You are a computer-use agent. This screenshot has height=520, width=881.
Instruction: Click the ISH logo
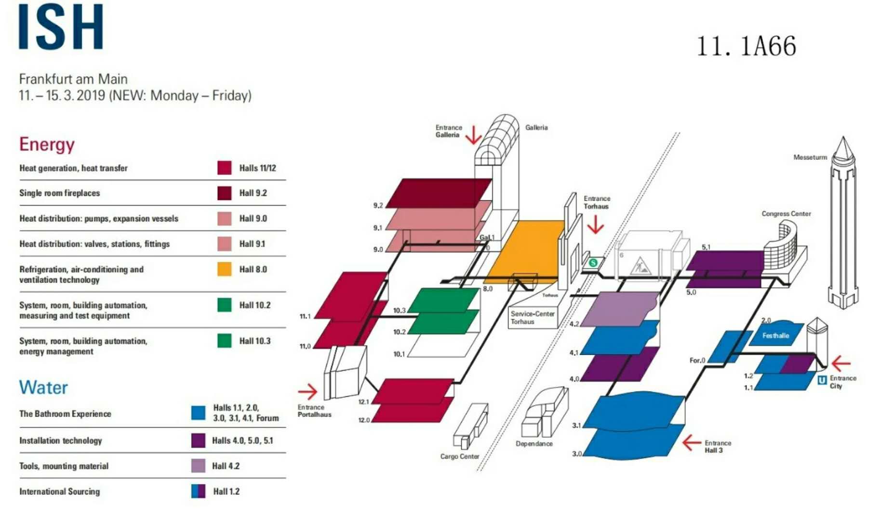tap(61, 26)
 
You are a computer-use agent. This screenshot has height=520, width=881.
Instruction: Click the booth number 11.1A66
tap(746, 47)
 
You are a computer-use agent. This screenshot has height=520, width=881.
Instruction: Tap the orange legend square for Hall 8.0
tap(224, 269)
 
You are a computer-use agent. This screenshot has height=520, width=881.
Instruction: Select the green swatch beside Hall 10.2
tap(224, 305)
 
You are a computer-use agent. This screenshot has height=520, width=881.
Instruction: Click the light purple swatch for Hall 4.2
tap(198, 466)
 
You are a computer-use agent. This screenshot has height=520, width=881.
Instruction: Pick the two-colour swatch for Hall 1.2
tap(198, 491)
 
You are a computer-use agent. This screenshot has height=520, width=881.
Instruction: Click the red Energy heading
tap(47, 144)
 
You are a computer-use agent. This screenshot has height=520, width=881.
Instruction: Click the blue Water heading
tap(43, 388)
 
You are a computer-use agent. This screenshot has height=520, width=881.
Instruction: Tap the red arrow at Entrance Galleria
tap(474, 135)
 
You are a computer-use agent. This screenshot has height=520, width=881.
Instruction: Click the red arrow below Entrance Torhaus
tap(596, 224)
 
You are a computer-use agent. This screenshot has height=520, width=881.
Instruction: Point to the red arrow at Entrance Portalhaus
tap(308, 391)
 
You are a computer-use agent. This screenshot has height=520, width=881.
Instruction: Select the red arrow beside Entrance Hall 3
tap(692, 442)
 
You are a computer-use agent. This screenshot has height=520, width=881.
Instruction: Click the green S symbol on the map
tap(593, 263)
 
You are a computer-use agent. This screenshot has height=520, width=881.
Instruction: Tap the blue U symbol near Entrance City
tap(822, 380)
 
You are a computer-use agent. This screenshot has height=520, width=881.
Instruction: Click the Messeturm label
tap(810, 157)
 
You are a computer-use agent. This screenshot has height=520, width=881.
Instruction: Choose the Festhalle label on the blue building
tap(775, 336)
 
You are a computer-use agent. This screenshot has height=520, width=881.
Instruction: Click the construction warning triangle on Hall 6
tap(641, 266)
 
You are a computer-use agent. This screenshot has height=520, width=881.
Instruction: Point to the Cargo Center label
tap(459, 456)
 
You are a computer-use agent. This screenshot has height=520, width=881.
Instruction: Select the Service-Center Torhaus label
tap(532, 318)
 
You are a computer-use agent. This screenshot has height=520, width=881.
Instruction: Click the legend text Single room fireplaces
tap(60, 193)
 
